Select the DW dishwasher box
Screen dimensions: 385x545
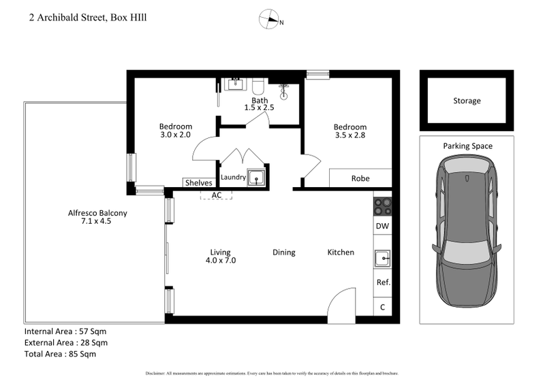tap(381, 226)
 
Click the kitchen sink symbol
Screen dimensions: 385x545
tap(381, 258)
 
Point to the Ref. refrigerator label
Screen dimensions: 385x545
tap(382, 282)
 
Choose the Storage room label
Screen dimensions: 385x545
tap(467, 101)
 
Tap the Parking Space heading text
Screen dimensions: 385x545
tap(467, 146)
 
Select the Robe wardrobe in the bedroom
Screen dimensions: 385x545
tap(360, 178)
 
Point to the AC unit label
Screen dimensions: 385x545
tap(217, 195)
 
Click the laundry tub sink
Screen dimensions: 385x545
tap(257, 178)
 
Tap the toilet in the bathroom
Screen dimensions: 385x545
tap(258, 86)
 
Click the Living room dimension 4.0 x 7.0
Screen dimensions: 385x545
tap(221, 261)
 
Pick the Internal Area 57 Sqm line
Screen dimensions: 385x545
tap(65, 332)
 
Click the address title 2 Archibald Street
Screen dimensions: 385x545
tap(88, 18)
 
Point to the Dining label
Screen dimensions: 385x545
tap(283, 252)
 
